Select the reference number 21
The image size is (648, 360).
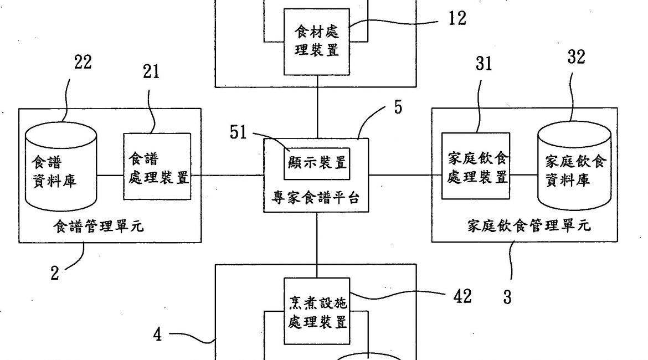[x=151, y=72]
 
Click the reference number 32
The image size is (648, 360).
[x=577, y=57]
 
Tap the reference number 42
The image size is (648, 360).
[x=463, y=296]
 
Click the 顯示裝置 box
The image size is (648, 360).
[x=317, y=163]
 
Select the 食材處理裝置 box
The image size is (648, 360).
[x=317, y=42]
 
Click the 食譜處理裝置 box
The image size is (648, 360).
[x=157, y=167]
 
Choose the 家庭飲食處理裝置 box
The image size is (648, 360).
[x=476, y=167]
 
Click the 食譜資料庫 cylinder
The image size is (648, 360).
[x=61, y=169]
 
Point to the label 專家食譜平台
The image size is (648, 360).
[x=317, y=197]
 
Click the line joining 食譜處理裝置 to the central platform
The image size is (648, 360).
[x=227, y=176]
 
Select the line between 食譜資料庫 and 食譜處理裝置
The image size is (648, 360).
[x=110, y=176]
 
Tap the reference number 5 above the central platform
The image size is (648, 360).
[x=398, y=107]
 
